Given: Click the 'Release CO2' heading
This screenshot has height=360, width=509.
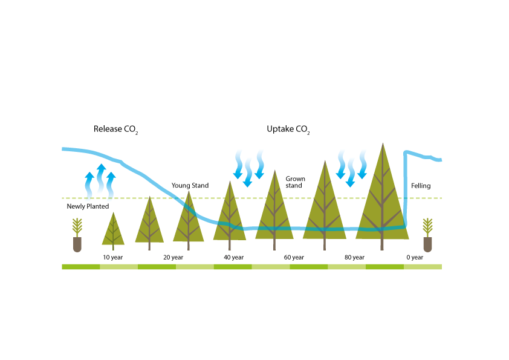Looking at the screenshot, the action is pyautogui.click(x=116, y=129).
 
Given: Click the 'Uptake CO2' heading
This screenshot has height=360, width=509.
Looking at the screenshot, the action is pyautogui.click(x=288, y=129).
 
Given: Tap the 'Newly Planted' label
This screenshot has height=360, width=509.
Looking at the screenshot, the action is pyautogui.click(x=88, y=206).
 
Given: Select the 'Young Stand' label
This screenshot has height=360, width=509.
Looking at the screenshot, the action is pyautogui.click(x=190, y=186).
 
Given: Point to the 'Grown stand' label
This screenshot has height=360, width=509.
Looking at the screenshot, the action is pyautogui.click(x=296, y=182).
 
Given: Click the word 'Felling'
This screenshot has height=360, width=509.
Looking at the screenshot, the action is pyautogui.click(x=421, y=186).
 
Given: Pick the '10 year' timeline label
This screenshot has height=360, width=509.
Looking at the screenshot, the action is pyautogui.click(x=113, y=257).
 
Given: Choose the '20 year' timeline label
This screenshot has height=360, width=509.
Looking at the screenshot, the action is pyautogui.click(x=173, y=257).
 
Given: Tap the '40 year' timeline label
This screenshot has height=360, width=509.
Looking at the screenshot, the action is pyautogui.click(x=233, y=257).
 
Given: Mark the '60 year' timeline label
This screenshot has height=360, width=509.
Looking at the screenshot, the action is pyautogui.click(x=294, y=257).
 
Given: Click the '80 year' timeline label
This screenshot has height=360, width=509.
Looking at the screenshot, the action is pyautogui.click(x=354, y=257).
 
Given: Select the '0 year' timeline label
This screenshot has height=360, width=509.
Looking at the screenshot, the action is pyautogui.click(x=415, y=257).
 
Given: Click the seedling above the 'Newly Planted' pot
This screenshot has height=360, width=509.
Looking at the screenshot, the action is pyautogui.click(x=77, y=227).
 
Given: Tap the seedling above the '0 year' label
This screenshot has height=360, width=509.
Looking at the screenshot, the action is pyautogui.click(x=428, y=227).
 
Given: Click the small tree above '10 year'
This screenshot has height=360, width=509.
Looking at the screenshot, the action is pyautogui.click(x=113, y=231).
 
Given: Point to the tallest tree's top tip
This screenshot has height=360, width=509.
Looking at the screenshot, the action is pyautogui.click(x=383, y=143).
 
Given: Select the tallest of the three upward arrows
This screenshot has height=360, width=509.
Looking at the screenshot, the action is pyautogui.click(x=102, y=178).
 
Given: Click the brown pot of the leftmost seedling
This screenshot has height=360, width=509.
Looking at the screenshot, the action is pyautogui.click(x=77, y=244).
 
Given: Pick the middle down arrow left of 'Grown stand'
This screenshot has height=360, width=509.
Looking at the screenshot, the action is pyautogui.click(x=248, y=173).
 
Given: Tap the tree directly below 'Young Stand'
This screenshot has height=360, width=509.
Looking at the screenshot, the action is pyautogui.click(x=188, y=220).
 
